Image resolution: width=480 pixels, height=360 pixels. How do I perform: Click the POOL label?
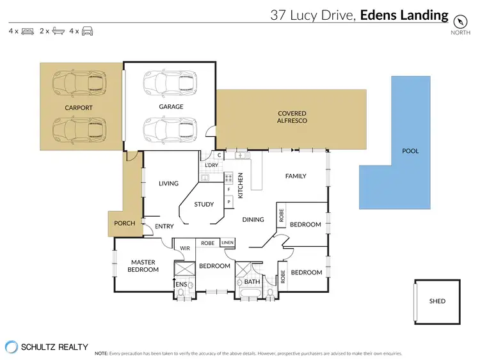tap(410, 151)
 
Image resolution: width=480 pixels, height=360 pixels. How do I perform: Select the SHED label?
tap(437, 301)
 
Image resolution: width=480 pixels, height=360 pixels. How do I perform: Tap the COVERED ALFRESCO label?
tap(291, 116)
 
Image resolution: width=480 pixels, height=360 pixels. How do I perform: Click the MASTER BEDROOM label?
tap(144, 265)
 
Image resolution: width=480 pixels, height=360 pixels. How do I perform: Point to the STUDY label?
tap(204, 205)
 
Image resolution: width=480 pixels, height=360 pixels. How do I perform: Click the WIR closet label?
tap(185, 249)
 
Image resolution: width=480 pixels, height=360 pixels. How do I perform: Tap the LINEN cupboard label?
tap(227, 243)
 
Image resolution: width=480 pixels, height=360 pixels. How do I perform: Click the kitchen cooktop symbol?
tap(228, 178)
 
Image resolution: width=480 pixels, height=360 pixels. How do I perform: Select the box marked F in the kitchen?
tap(228, 190)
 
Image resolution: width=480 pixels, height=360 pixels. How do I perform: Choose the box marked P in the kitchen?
tap(228, 201)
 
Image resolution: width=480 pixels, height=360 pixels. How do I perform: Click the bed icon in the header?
tap(28, 31)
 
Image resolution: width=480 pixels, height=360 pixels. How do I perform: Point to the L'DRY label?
tap(211, 166)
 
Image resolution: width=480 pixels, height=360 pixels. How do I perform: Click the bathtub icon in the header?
tap(58, 31)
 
